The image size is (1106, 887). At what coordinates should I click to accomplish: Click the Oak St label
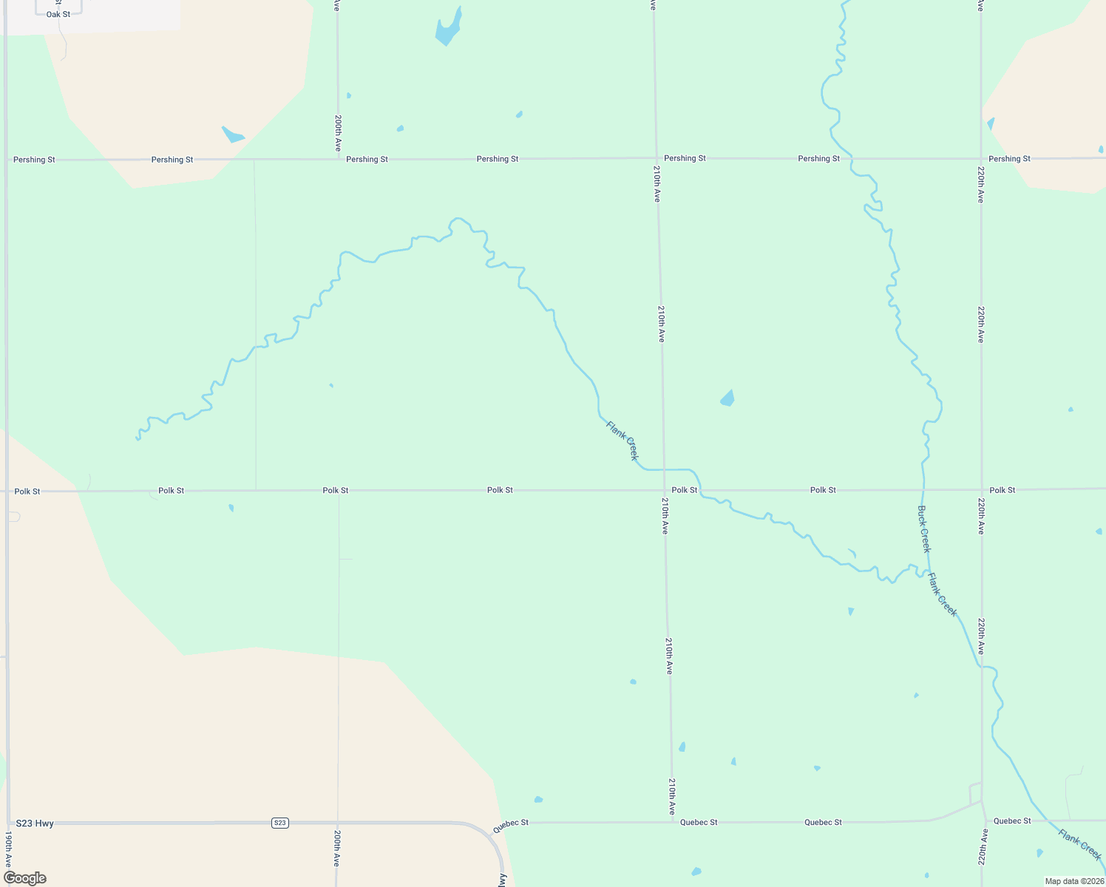pyautogui.click(x=58, y=15)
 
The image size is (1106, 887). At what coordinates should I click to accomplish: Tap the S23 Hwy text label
pyautogui.click(x=35, y=823)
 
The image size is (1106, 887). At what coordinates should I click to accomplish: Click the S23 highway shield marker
pyautogui.click(x=279, y=823)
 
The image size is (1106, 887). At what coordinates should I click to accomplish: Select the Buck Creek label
pyautogui.click(x=924, y=529)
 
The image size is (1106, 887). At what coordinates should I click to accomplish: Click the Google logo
pyautogui.click(x=25, y=878)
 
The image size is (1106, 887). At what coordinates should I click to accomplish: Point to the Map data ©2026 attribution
pyautogui.click(x=1073, y=881)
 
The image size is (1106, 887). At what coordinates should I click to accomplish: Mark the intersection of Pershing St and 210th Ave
pyautogui.click(x=656, y=158)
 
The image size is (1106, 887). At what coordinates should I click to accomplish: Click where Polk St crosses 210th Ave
pyautogui.click(x=663, y=490)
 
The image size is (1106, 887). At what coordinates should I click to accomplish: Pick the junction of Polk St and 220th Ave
pyautogui.click(x=982, y=489)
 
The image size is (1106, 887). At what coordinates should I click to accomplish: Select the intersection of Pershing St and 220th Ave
pyautogui.click(x=981, y=158)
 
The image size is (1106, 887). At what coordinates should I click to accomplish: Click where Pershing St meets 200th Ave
pyautogui.click(x=338, y=159)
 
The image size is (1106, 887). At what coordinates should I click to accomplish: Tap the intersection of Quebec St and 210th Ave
pyautogui.click(x=672, y=822)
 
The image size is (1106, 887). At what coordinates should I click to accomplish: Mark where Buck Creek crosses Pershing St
pyautogui.click(x=852, y=158)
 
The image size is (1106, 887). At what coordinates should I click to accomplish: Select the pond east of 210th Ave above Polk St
pyautogui.click(x=727, y=398)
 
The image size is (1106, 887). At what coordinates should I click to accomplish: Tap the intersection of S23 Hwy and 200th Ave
pyautogui.click(x=337, y=823)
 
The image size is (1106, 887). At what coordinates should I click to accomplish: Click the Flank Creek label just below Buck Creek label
pyautogui.click(x=943, y=595)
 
